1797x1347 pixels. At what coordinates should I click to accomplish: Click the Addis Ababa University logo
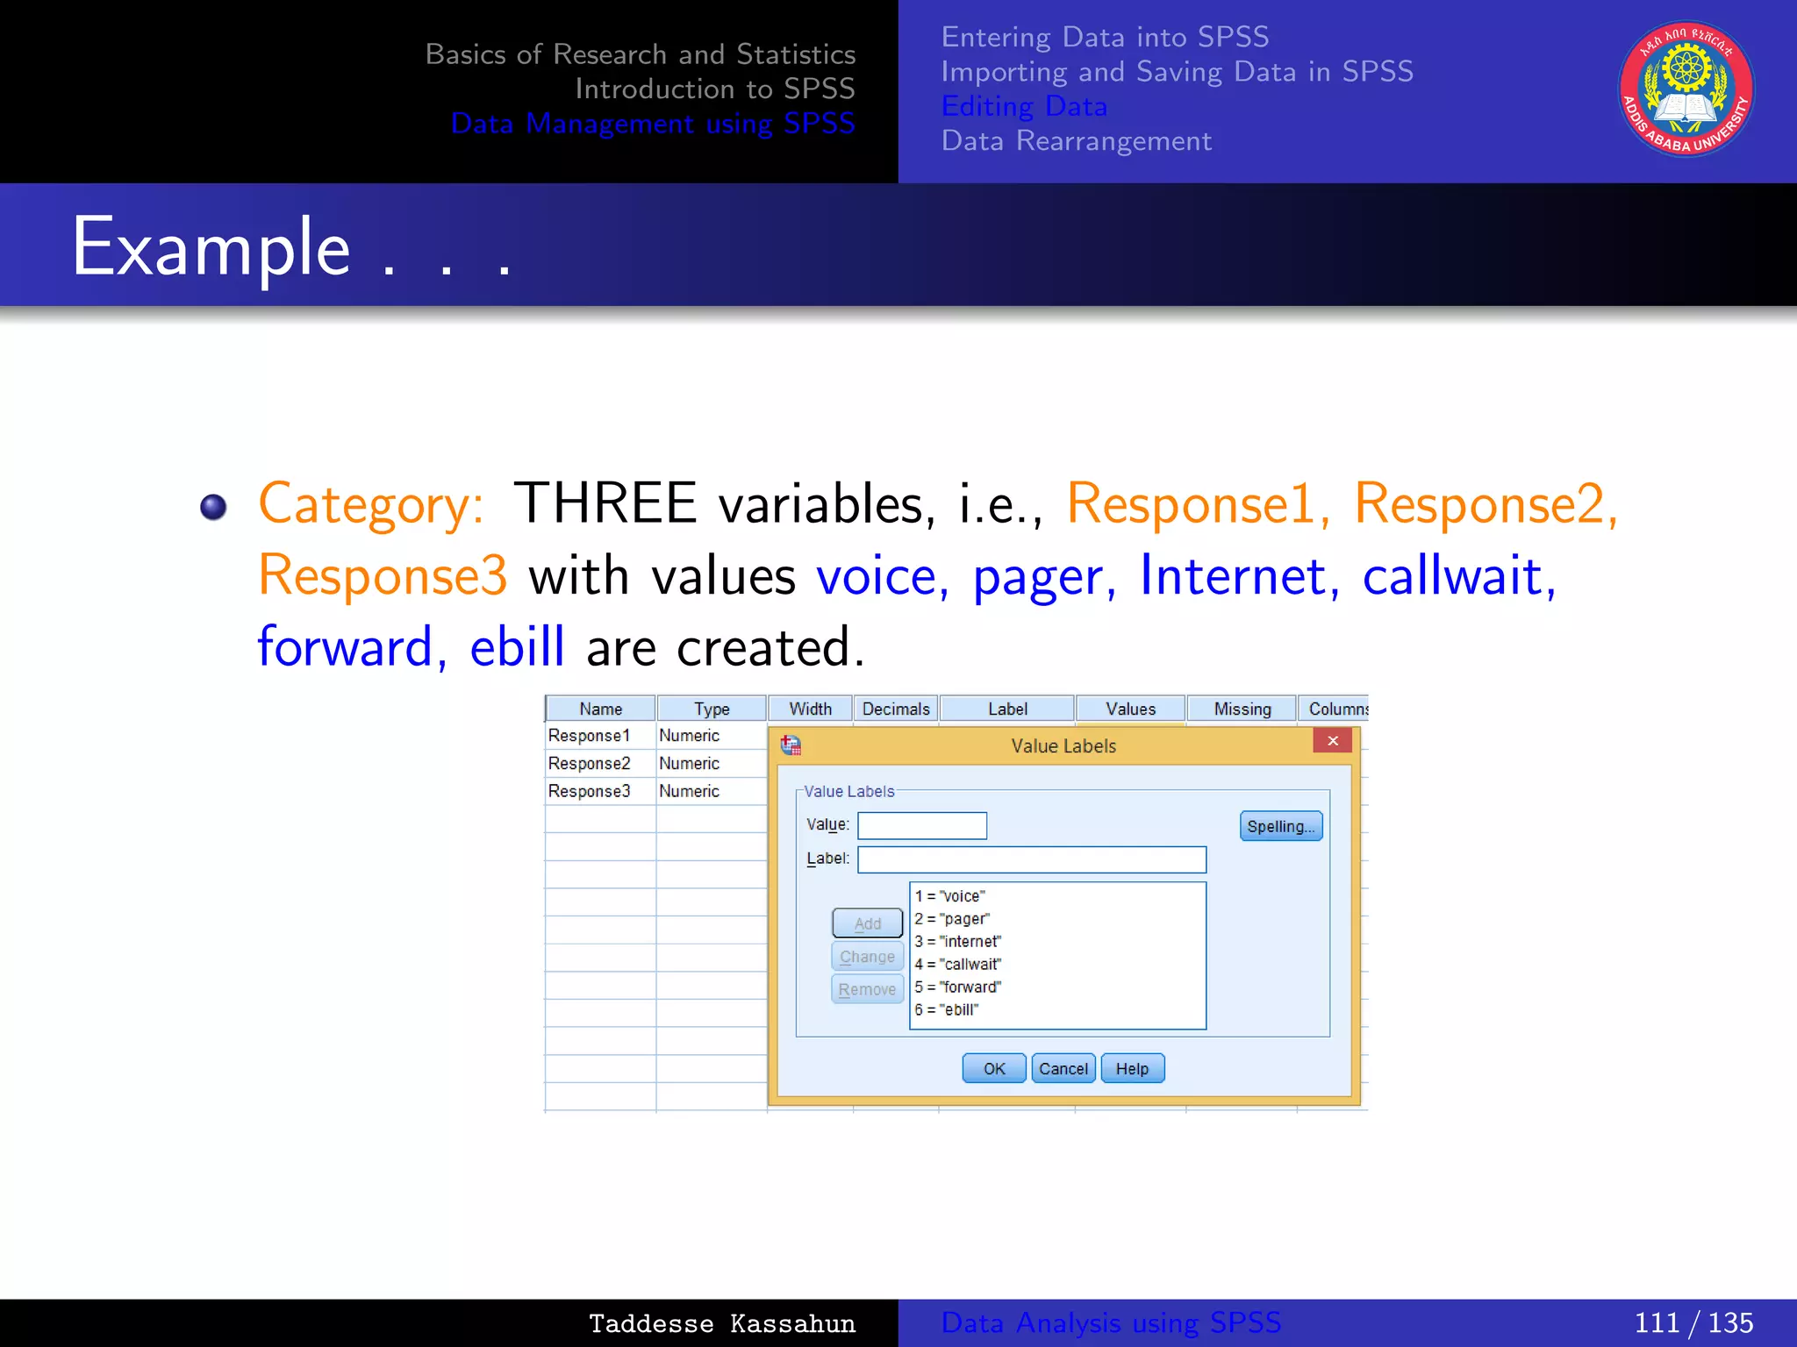(x=1686, y=89)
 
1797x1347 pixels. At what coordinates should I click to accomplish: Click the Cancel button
(x=1063, y=1068)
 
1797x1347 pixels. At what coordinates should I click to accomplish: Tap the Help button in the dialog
(x=1132, y=1068)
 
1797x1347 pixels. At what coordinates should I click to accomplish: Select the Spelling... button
(x=1280, y=826)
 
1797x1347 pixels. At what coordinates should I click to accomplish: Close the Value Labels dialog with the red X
(x=1332, y=741)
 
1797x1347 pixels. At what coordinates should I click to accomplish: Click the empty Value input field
(x=921, y=825)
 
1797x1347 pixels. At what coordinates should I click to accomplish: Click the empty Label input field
(x=1031, y=859)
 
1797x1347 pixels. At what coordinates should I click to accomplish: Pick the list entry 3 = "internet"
(x=957, y=941)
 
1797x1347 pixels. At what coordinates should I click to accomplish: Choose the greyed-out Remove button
(x=867, y=989)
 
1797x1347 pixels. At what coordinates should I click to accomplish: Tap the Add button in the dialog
(x=867, y=923)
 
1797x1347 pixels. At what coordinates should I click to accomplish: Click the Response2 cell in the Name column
(x=590, y=763)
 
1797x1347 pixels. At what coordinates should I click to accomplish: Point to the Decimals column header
(x=895, y=709)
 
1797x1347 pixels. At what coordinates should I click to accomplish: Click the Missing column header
(x=1242, y=709)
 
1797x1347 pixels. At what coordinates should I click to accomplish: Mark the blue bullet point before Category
(x=213, y=507)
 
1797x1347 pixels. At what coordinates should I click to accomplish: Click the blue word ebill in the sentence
(x=517, y=647)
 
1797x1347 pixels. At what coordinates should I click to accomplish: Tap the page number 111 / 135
(x=1693, y=1322)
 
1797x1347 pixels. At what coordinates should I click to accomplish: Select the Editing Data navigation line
(x=1024, y=106)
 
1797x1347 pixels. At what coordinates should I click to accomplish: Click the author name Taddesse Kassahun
(x=721, y=1323)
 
